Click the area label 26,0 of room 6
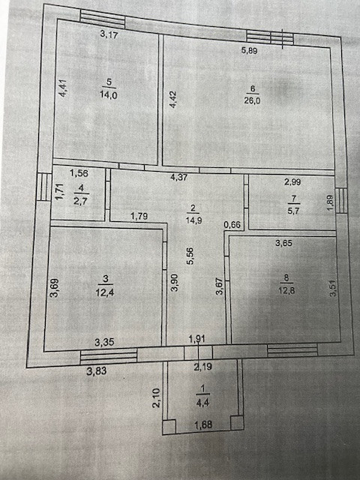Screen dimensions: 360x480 click(252, 100)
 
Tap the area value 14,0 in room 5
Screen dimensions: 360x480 click(108, 95)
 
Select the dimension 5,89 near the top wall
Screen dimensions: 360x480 click(249, 50)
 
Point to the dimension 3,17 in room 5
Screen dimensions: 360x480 click(109, 34)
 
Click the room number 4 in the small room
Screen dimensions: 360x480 click(81, 187)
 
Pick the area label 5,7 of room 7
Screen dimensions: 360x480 click(293, 211)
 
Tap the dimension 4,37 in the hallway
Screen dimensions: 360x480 click(178, 177)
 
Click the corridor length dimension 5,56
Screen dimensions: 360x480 click(190, 256)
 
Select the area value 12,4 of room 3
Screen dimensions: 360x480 click(105, 292)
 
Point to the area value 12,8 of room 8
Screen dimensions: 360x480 click(286, 290)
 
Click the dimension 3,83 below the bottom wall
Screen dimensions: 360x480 click(97, 371)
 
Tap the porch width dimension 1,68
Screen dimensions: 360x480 click(203, 424)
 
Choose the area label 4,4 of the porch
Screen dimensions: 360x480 click(202, 403)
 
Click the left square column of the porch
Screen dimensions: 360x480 click(169, 427)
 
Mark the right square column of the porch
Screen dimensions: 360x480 click(237, 422)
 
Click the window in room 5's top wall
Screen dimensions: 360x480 click(103, 19)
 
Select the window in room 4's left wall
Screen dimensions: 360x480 click(44, 187)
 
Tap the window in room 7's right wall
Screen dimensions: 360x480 click(341, 200)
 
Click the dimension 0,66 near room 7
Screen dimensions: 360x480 click(232, 225)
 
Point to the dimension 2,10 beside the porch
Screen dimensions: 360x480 click(156, 398)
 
